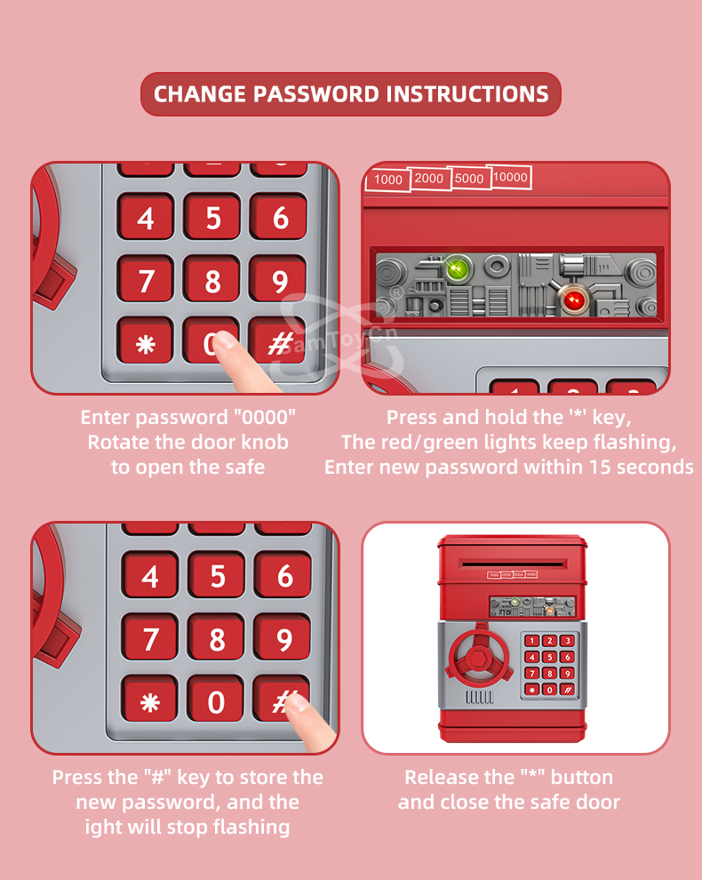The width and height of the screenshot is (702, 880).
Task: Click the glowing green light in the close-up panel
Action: coord(458,268)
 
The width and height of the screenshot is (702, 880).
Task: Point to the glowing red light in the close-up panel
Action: coord(573,300)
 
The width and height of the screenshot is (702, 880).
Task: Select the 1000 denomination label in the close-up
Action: coord(387,180)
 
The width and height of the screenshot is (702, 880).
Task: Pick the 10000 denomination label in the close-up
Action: coord(509,178)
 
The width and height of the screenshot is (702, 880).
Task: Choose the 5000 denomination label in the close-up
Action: coord(469,179)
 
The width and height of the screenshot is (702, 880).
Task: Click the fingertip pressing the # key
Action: coord(296,702)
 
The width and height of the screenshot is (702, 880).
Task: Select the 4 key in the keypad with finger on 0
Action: coord(146,218)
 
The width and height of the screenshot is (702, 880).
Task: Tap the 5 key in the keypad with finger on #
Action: coord(217,576)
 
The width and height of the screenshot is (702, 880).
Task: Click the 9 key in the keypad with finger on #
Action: coord(283,638)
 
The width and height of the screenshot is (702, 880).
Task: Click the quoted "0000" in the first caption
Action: coord(264,417)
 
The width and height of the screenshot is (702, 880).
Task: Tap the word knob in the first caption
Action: coord(265,443)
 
